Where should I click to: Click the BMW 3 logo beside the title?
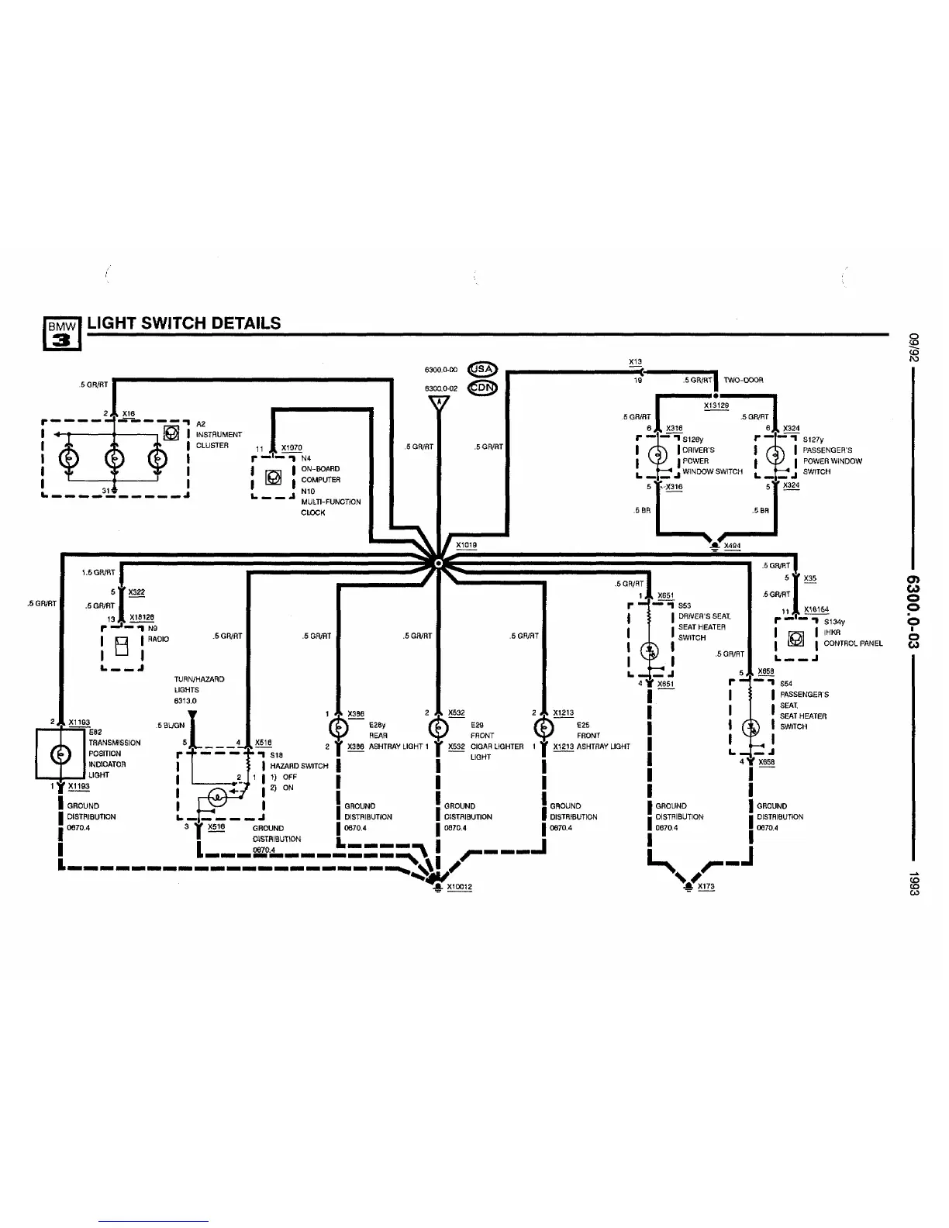coord(62,331)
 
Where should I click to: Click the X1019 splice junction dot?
coord(439,564)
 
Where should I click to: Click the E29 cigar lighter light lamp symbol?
coord(439,730)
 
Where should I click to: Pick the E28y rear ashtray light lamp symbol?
coord(339,730)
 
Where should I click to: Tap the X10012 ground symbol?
coord(438,885)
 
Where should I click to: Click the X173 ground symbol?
coord(687,885)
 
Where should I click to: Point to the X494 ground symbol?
coord(714,545)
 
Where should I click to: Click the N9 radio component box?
coord(122,645)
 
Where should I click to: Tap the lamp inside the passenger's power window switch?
coord(775,456)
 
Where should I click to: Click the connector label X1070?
coord(292,448)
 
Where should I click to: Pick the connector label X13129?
coord(716,405)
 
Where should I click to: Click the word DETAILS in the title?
coord(242,323)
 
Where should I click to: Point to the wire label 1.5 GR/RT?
coord(98,573)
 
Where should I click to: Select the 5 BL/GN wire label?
coord(171,726)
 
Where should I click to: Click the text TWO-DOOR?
coord(744,381)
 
